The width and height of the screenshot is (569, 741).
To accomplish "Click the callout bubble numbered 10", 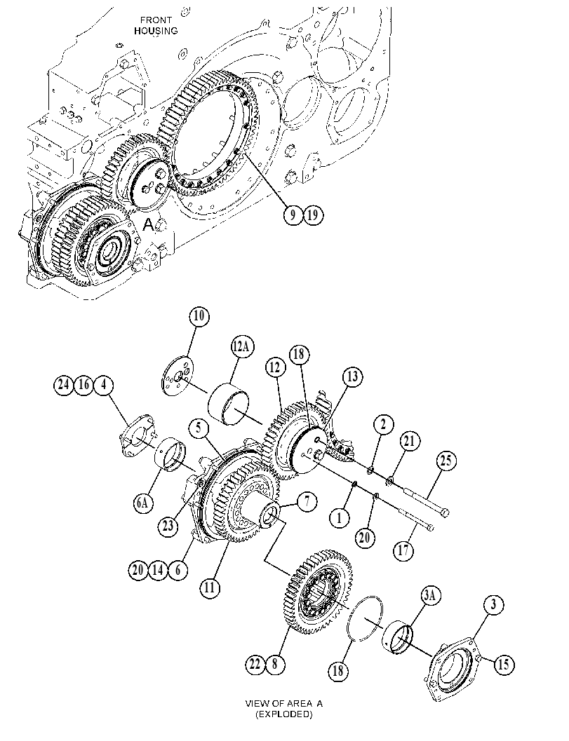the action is pos(199,316).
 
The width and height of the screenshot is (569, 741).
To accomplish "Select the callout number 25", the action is pos(446,461).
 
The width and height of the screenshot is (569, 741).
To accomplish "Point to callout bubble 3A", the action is pos(429,596).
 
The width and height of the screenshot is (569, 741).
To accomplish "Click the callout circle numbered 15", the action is pos(503,664).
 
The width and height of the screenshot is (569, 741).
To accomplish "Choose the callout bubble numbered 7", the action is pos(307,501).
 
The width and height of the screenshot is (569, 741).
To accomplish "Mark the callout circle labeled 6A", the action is pos(142,503).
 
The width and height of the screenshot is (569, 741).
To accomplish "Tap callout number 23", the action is pos(168,525).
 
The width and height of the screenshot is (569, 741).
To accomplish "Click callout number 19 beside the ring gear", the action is pos(312,215).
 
